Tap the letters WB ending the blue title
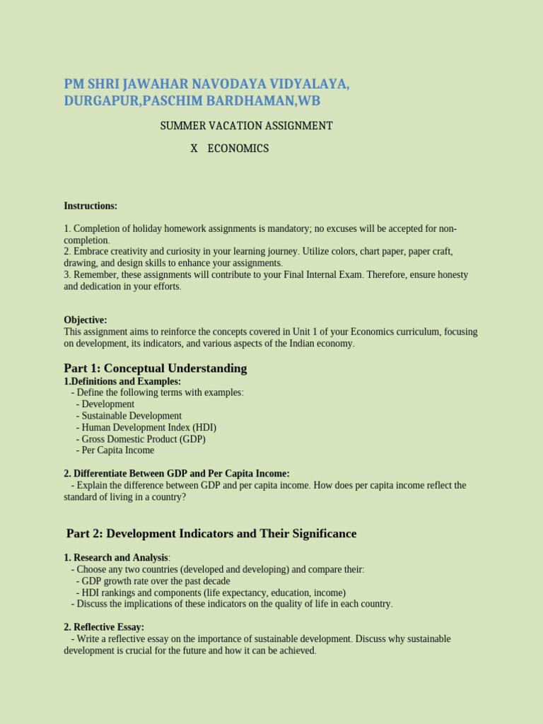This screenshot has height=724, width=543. click(309, 101)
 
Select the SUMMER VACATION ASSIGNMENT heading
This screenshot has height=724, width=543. click(246, 126)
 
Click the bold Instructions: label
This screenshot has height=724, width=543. click(90, 206)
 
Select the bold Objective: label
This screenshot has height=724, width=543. click(86, 320)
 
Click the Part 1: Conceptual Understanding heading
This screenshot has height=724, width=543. click(156, 368)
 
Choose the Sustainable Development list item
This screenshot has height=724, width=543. click(131, 416)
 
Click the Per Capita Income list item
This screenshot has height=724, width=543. click(117, 450)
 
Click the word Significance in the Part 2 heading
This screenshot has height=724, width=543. click(321, 534)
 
